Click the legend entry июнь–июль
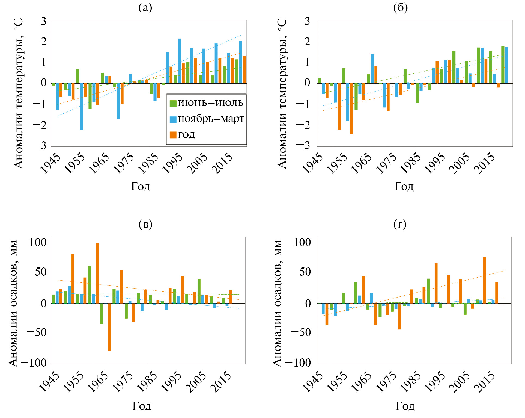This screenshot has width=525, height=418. (206, 103)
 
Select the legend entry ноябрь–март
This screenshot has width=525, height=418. (207, 119)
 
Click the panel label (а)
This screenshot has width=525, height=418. (145, 7)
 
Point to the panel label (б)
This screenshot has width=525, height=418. (400, 7)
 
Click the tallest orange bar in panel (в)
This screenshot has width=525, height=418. (97, 273)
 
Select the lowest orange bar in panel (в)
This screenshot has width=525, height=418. (109, 327)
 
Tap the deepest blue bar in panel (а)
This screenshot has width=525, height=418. (82, 106)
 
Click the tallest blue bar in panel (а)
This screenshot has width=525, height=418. (179, 61)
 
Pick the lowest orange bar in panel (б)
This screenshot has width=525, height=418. (351, 108)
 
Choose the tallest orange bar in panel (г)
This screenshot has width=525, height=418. (485, 280)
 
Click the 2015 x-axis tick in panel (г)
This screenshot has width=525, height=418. (484, 382)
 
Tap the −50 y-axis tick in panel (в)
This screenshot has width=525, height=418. (37, 333)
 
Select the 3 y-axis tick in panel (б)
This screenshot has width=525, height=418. (307, 21)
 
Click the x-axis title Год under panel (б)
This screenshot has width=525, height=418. (404, 186)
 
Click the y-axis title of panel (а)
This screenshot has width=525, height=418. (19, 93)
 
